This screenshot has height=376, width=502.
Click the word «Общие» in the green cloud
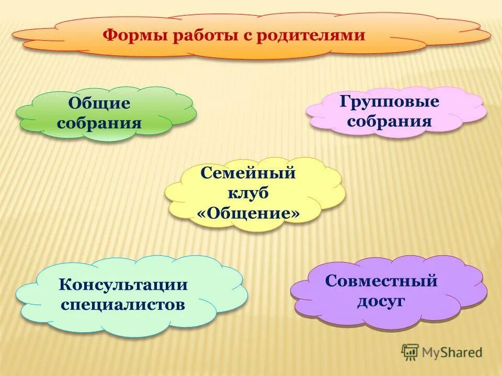pos(99,103)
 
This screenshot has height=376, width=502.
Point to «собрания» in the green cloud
pos(99,123)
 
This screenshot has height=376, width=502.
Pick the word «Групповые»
pos(390,101)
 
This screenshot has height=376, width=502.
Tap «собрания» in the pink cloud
pos(390,122)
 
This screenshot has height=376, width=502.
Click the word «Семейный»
pos(248,173)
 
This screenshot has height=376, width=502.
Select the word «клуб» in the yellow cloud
pos(248,193)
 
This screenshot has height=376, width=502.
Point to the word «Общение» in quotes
pos(248,214)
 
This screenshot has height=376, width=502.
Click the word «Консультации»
pos(123,285)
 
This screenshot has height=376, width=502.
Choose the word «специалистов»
pos(123,304)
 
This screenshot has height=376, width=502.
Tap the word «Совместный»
pos(381,281)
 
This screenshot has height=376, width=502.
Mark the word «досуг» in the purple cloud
pos(381,301)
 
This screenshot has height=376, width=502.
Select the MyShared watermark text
pos(452,352)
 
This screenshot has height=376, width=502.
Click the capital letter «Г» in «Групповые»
pos(345,101)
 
